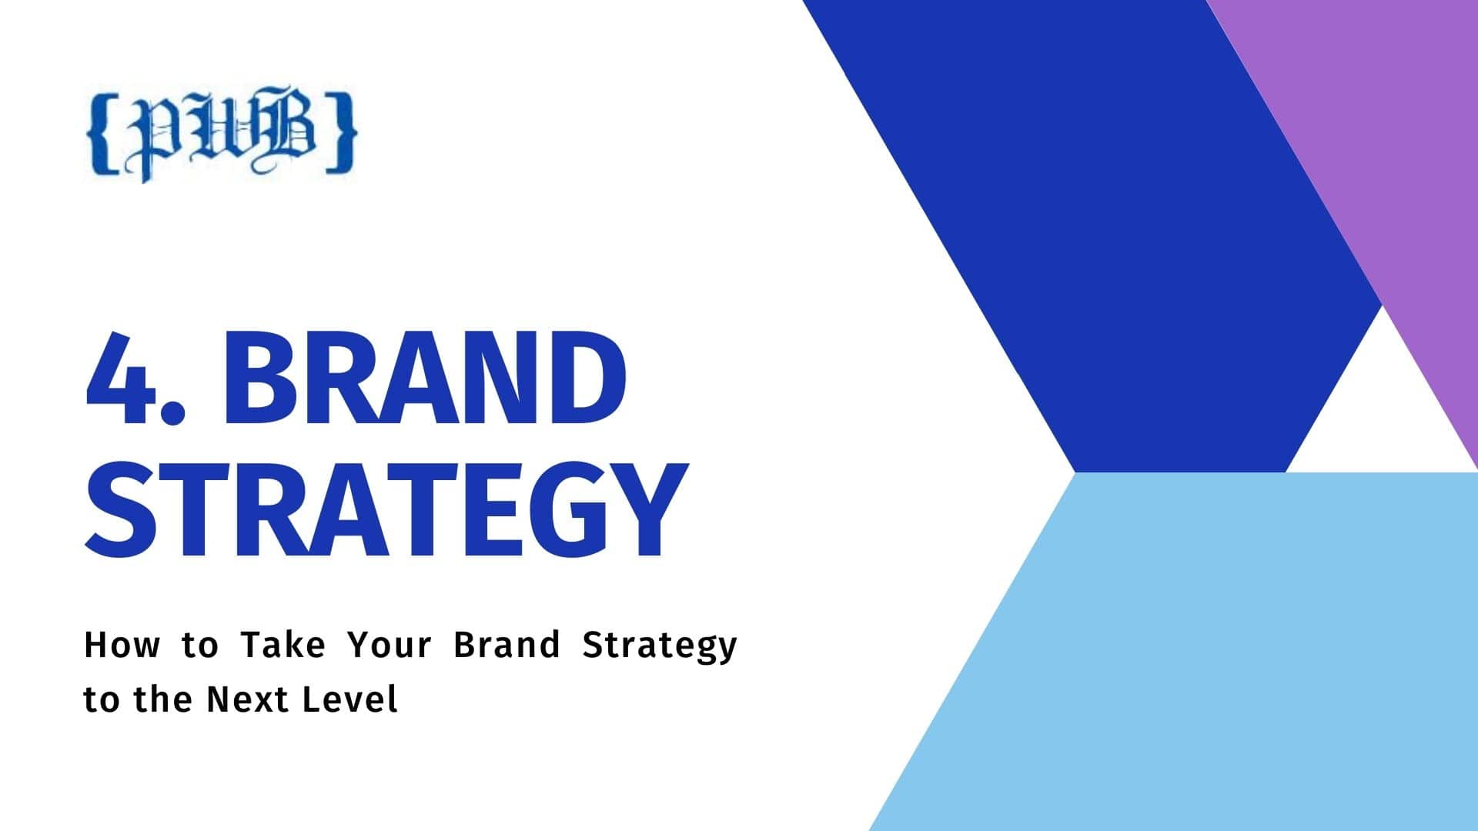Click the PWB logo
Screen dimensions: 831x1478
click(222, 135)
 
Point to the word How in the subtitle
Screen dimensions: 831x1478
click(121, 645)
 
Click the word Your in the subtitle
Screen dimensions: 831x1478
click(390, 645)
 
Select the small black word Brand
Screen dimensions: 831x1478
click(507, 645)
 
